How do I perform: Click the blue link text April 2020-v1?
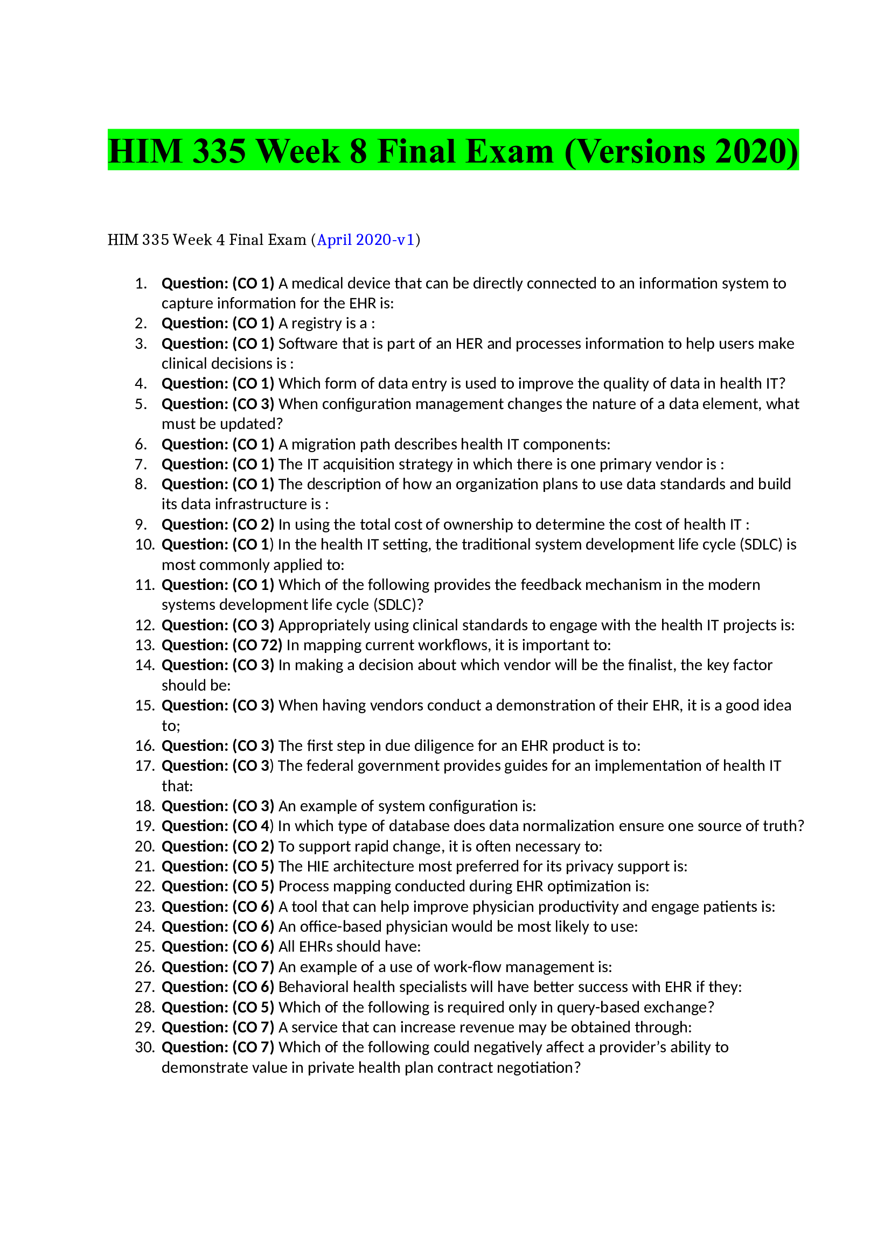click(365, 240)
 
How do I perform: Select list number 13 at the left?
click(145, 645)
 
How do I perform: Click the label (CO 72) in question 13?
click(257, 645)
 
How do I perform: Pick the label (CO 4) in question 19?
click(253, 826)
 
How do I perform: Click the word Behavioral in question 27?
click(314, 987)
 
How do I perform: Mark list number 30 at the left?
click(145, 1047)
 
